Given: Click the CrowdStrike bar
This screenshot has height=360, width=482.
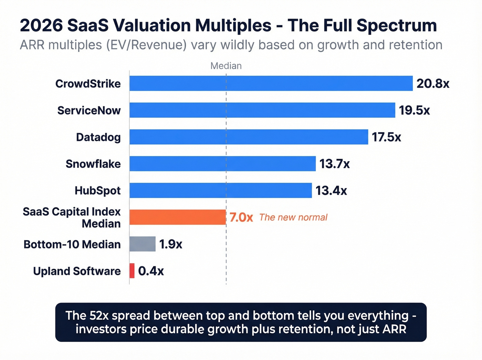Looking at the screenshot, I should point(271,83).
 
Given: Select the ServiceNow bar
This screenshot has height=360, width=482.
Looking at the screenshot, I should point(262,110).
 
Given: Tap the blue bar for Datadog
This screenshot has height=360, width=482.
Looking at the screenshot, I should point(249,137).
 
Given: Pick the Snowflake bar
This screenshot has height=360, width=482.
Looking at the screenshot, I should point(222,164).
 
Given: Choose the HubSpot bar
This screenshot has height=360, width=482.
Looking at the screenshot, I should point(220,191).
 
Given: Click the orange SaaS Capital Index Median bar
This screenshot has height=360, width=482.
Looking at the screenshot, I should point(178,217).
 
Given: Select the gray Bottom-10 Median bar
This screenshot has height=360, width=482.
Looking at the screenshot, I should point(143,244).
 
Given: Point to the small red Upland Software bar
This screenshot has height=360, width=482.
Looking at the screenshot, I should point(132,271).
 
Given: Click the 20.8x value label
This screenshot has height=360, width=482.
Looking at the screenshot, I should point(433,83).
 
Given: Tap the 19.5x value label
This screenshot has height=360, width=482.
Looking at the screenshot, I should point(414,110).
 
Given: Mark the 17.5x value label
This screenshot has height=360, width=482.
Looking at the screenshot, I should point(386,137).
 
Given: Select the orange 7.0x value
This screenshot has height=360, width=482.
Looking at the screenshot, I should point(241,217).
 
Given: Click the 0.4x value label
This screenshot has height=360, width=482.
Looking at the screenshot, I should point(151,271).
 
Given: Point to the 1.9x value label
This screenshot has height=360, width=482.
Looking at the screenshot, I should point(170,244).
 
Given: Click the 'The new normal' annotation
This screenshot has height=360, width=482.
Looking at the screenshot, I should point(293,217).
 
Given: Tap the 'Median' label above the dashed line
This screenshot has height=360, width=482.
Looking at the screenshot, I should point(226,66).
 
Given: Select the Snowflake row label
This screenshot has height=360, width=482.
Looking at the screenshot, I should point(93,164).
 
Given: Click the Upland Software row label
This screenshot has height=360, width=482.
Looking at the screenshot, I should point(77,271).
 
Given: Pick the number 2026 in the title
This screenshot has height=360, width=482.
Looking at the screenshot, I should point(41,25).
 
